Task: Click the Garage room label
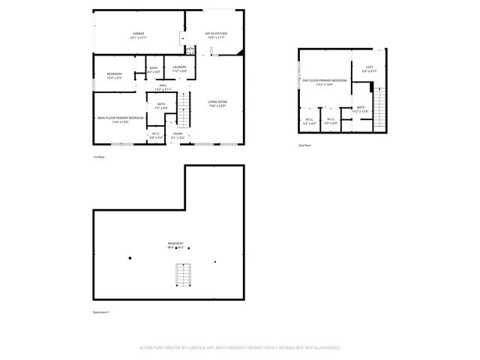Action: [x=139, y=35]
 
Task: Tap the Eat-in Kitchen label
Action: [x=216, y=35]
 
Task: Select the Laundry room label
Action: [x=179, y=70]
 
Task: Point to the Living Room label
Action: [x=217, y=103]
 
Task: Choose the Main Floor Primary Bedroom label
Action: [x=119, y=119]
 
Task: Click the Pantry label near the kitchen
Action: [x=190, y=50]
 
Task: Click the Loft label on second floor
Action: [x=369, y=69]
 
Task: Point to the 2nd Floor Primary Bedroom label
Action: [x=325, y=82]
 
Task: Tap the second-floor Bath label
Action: [x=361, y=109]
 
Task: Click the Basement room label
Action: [x=176, y=245]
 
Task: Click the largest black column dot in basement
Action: [x=130, y=258]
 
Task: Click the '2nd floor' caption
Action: [x=304, y=145]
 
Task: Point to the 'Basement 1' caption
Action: [x=101, y=312]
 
